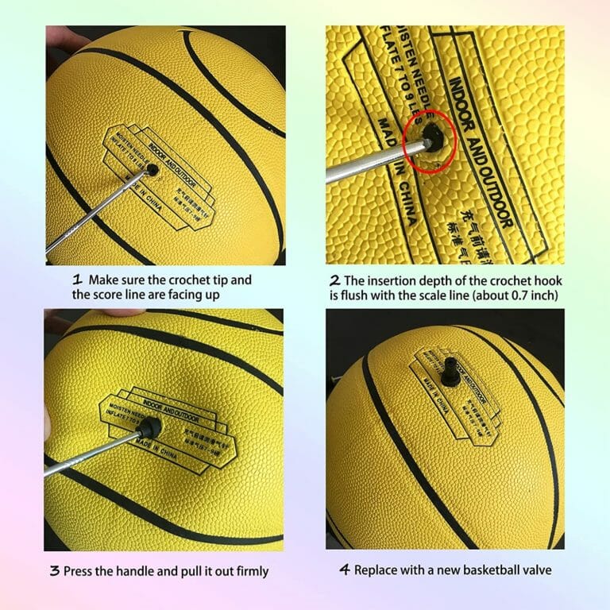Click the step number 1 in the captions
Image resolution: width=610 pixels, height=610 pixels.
tap(78, 280)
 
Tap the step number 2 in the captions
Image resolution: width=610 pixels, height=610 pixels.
tap(334, 280)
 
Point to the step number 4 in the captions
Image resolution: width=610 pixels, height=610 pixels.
tap(345, 570)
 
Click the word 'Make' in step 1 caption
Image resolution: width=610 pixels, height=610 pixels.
tap(103, 280)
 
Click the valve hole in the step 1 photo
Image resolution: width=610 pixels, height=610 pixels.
tap(150, 169)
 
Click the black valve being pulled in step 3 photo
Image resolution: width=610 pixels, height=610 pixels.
tap(149, 429)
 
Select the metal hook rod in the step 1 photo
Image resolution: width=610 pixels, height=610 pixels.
tap(95, 214)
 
